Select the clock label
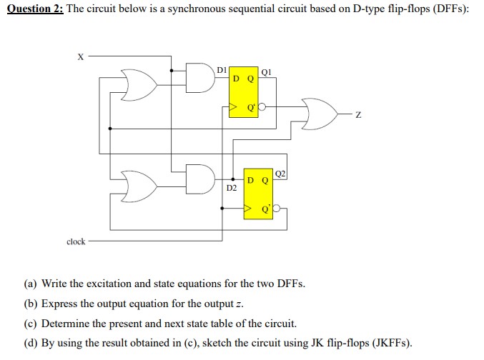coord(76,242)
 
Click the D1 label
coord(222,69)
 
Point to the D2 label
coord(231,188)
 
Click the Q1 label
coord(266,71)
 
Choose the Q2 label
coord(280,174)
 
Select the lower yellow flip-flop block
coord(258,193)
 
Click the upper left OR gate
coord(137,84)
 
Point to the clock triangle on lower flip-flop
coord(248,209)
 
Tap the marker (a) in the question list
coord(31,284)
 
